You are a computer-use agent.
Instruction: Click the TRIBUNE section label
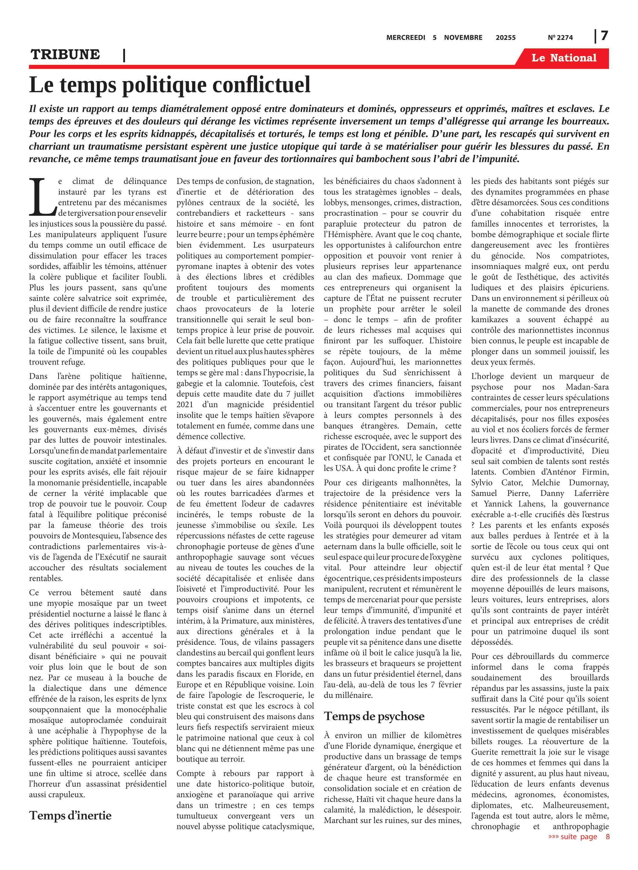pyautogui.click(x=65, y=55)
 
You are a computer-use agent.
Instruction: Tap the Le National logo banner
pyautogui.click(x=563, y=58)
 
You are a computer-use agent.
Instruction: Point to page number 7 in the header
pyautogui.click(x=604, y=36)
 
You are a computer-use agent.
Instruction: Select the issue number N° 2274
pyautogui.click(x=560, y=38)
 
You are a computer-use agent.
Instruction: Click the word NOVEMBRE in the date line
pyautogui.click(x=463, y=38)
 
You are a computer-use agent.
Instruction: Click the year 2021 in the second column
pyautogui.click(x=185, y=405)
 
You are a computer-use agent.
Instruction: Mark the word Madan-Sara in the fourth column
pyautogui.click(x=587, y=387)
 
